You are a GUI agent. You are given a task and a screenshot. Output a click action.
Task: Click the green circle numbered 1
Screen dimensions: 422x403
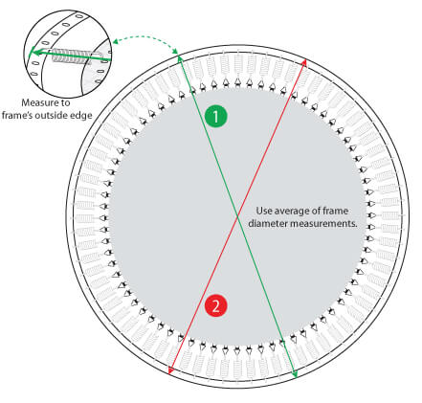pyautogui.click(x=216, y=116)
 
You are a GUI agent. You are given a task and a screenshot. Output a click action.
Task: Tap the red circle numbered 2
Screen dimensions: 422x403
pyautogui.click(x=216, y=306)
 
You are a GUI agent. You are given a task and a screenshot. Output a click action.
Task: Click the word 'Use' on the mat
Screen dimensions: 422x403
pyautogui.click(x=264, y=211)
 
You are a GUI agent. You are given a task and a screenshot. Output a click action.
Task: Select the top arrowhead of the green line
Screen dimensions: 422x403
pyautogui.click(x=180, y=58)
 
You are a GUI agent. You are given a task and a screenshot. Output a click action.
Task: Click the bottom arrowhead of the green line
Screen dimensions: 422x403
pyautogui.click(x=296, y=375)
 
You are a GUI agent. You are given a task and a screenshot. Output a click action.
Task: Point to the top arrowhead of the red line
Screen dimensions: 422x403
pyautogui.click(x=304, y=61)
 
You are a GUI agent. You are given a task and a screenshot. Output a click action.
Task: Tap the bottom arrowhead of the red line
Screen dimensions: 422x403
pyautogui.click(x=170, y=371)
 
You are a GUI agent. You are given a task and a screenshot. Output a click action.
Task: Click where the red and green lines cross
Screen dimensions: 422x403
pyautogui.click(x=237, y=217)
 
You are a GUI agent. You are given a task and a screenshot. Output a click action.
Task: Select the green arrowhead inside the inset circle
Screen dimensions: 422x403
pyautogui.click(x=33, y=53)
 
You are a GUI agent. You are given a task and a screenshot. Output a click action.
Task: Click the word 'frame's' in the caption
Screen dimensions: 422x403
pyautogui.click(x=17, y=115)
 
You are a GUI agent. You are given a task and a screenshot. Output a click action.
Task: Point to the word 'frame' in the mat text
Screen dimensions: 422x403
pyautogui.click(x=335, y=211)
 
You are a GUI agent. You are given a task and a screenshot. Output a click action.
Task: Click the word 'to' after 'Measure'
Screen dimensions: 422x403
pyautogui.click(x=66, y=103)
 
